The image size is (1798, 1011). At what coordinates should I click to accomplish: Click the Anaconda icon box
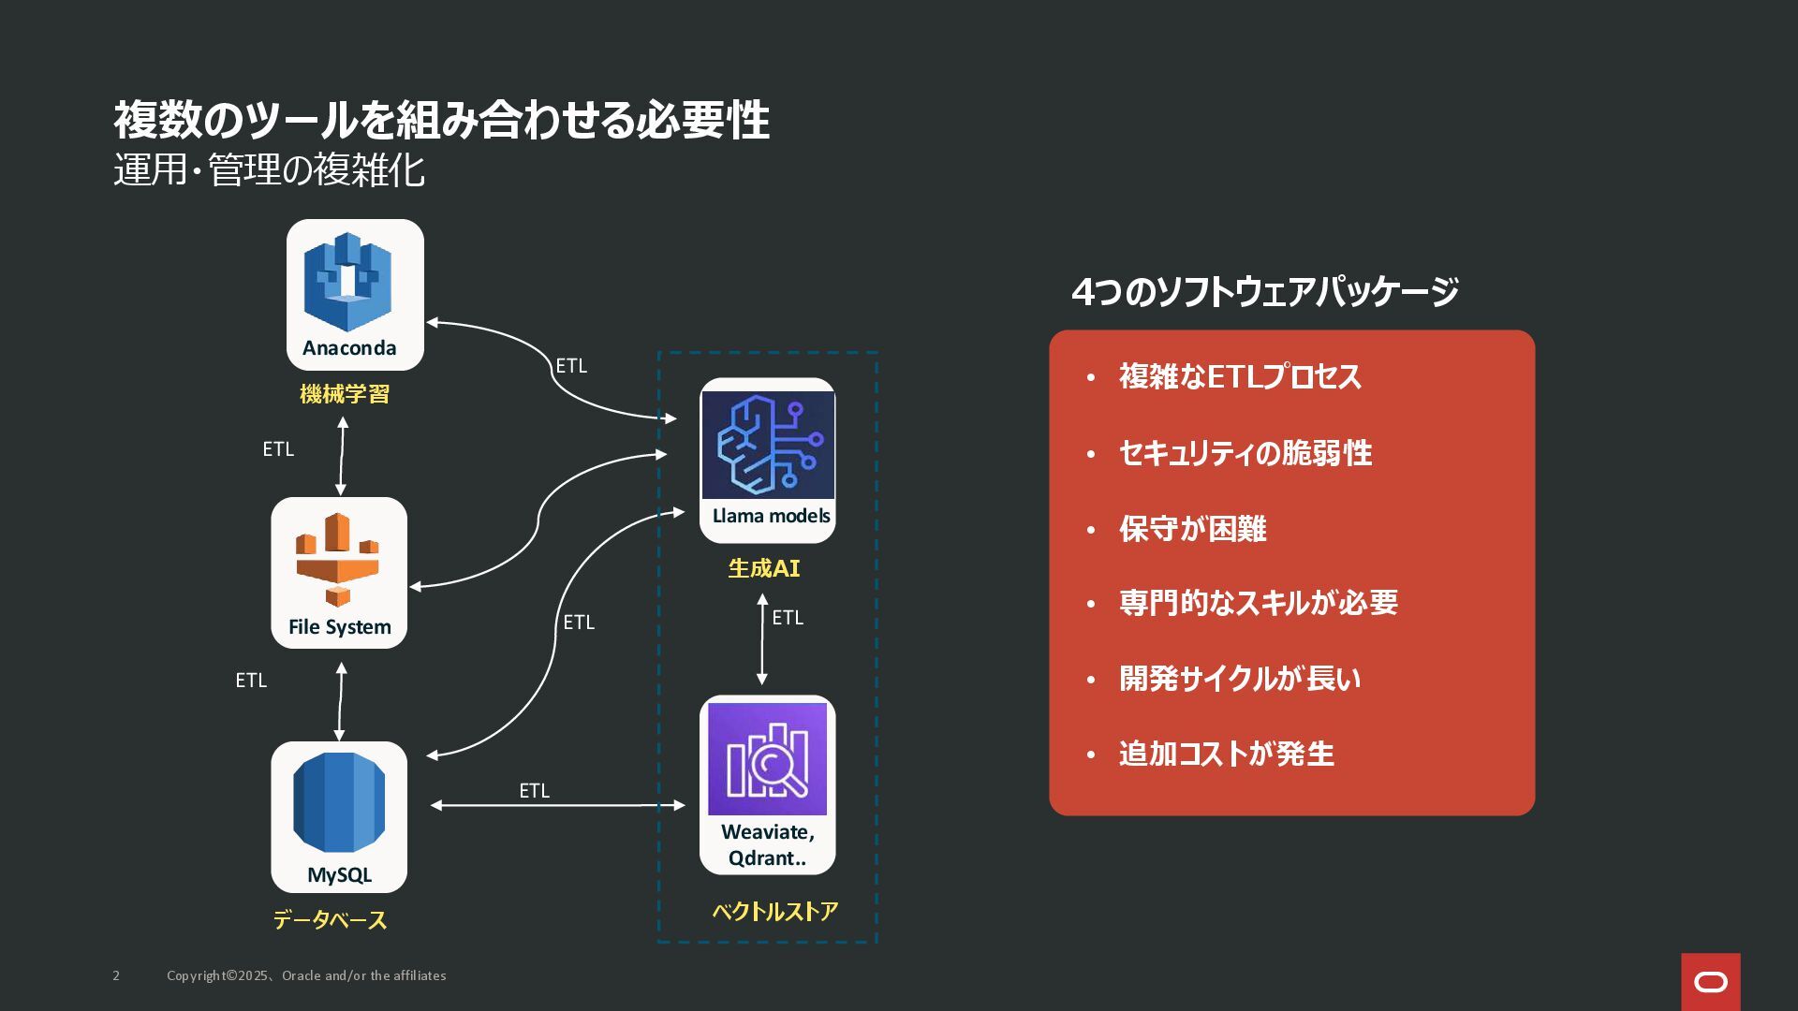click(x=355, y=295)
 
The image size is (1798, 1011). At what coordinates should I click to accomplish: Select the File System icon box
click(x=339, y=573)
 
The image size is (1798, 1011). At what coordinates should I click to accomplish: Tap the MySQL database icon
click(x=339, y=817)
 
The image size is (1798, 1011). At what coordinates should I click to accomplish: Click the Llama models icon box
click(x=768, y=461)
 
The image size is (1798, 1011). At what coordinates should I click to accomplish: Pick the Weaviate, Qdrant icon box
click(x=768, y=784)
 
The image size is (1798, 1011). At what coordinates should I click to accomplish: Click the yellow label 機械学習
click(x=345, y=394)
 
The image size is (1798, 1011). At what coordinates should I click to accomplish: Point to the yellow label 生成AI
click(x=764, y=568)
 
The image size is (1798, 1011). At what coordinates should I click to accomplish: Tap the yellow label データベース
click(x=330, y=920)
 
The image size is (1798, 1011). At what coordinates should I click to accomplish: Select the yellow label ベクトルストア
click(x=775, y=911)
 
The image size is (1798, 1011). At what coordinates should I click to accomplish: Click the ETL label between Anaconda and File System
click(x=278, y=449)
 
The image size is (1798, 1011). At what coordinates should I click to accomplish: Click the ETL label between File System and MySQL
click(x=251, y=681)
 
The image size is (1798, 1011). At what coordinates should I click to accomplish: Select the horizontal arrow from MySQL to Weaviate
click(x=558, y=805)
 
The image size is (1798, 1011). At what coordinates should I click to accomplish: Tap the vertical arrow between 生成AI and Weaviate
click(x=762, y=639)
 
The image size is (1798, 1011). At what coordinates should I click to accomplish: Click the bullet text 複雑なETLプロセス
click(x=1240, y=376)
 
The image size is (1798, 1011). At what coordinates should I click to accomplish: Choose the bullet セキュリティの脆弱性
click(x=1245, y=453)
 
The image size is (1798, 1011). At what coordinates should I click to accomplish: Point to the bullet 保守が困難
click(x=1193, y=529)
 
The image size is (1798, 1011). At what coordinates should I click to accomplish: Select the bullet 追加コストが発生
click(x=1227, y=754)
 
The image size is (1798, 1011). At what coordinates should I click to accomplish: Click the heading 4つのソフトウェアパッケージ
click(x=1265, y=292)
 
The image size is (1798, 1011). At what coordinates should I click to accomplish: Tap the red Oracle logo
click(x=1711, y=982)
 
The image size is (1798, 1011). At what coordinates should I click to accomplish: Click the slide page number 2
click(x=116, y=975)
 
